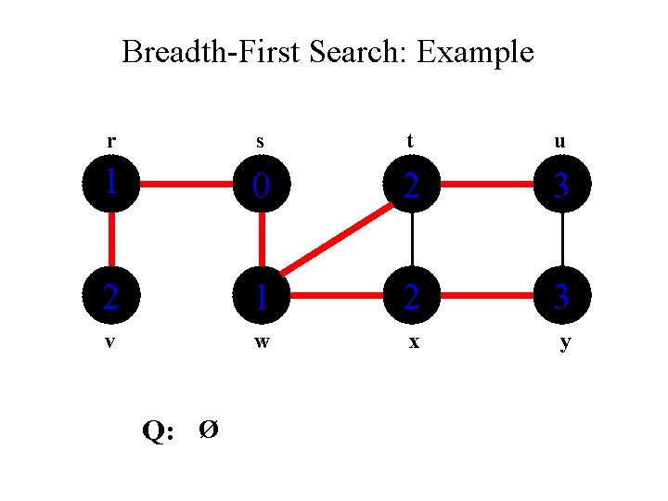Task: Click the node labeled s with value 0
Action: click(x=263, y=185)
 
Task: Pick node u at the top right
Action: click(x=562, y=185)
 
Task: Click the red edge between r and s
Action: click(x=186, y=185)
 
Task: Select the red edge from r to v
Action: click(x=111, y=240)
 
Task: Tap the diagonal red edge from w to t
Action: click(x=338, y=241)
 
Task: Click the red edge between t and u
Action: click(x=487, y=185)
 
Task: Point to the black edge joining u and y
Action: click(x=562, y=240)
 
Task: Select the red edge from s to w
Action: click(x=263, y=240)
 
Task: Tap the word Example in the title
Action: click(x=475, y=53)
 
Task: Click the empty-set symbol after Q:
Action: click(x=210, y=430)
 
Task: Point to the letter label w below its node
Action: click(x=263, y=341)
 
